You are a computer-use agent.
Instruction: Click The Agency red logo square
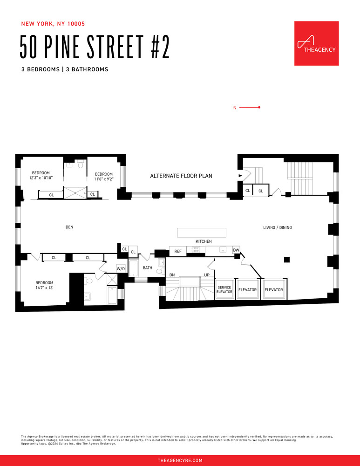[316, 43]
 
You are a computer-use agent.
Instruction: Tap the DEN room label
[69, 227]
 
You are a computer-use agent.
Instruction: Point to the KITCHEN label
[204, 241]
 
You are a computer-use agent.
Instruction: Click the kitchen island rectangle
[201, 233]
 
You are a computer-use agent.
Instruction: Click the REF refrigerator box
[178, 251]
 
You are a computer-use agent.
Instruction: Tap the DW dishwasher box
[236, 250]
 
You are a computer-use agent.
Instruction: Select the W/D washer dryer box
[121, 269]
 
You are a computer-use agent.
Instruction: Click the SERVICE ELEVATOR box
[224, 290]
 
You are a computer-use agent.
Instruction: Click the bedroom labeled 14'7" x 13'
[45, 285]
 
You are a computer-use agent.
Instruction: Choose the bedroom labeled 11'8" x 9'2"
[104, 177]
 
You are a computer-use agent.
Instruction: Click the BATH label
[147, 268]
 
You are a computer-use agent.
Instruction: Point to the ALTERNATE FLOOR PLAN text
[181, 176]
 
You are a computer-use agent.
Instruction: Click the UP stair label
[207, 275]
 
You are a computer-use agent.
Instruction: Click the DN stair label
[172, 275]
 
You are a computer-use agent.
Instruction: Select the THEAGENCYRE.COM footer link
[180, 460]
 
